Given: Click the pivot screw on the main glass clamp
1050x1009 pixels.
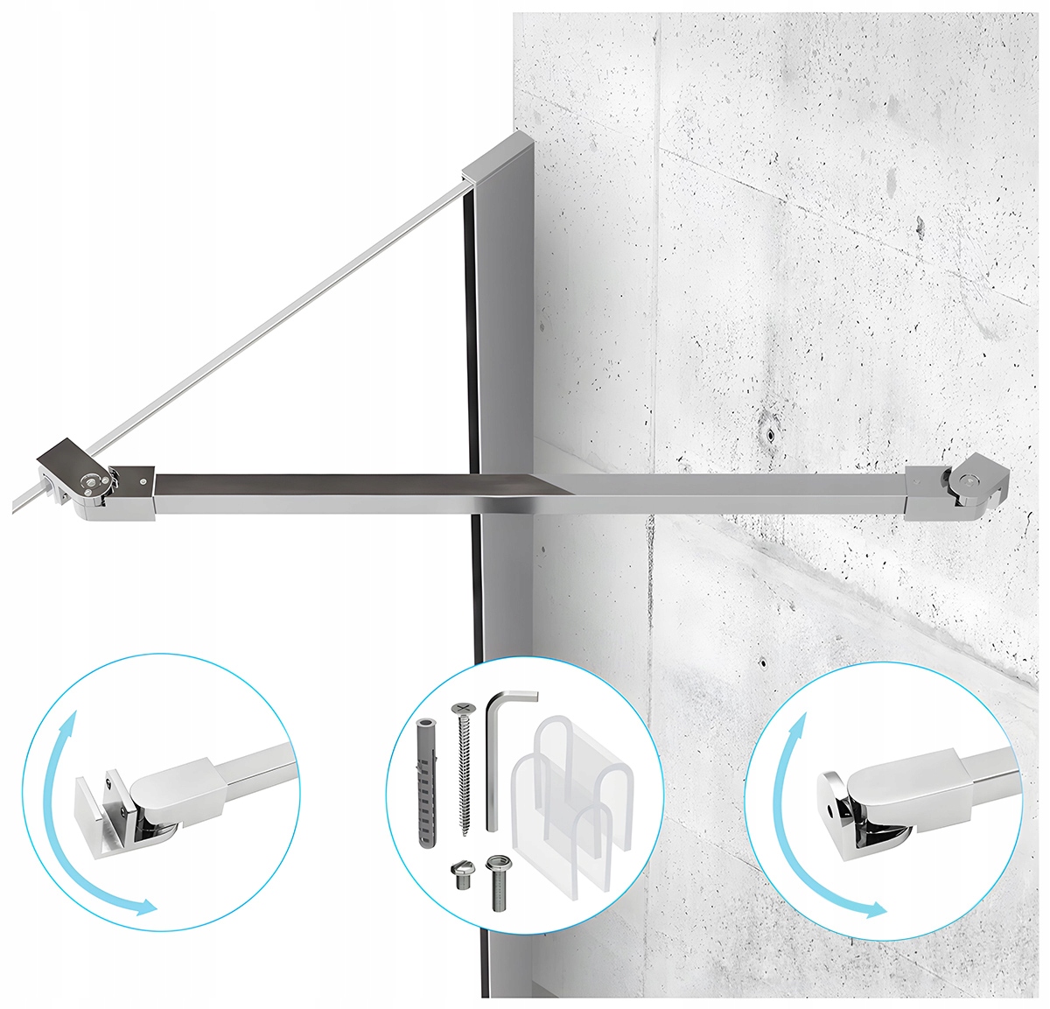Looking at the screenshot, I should pos(91,479).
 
